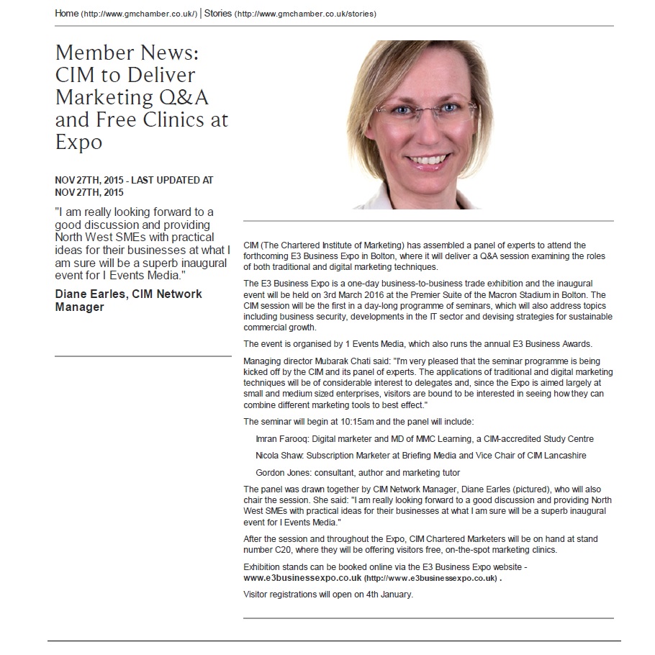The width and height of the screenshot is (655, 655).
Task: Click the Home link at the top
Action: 67,14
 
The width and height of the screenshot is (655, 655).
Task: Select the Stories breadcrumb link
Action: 218,14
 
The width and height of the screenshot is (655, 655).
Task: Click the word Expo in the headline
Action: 78,141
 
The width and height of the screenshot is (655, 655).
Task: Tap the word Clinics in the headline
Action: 175,119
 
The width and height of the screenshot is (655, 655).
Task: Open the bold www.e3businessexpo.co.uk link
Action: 302,578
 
